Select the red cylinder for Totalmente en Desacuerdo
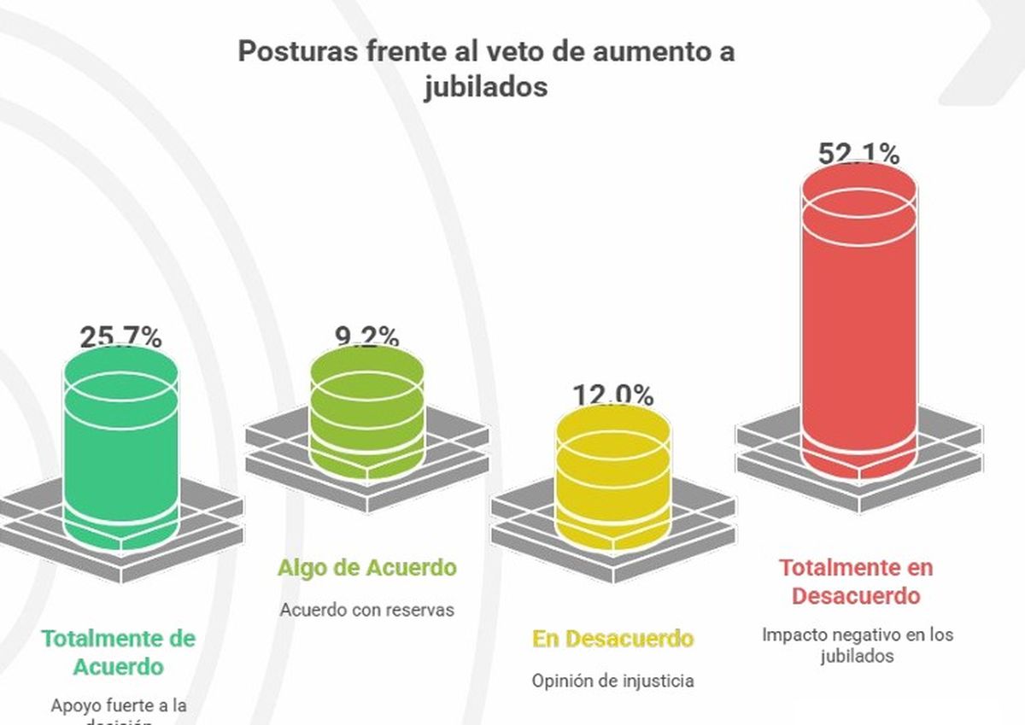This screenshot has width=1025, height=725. click(858, 324)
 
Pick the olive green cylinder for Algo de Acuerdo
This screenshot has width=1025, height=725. click(366, 410)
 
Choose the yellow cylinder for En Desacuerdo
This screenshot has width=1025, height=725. click(612, 478)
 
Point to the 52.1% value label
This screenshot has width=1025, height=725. click(858, 155)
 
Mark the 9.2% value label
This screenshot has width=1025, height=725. click(366, 336)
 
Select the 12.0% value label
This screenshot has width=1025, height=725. click(612, 395)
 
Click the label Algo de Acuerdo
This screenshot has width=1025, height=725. click(366, 568)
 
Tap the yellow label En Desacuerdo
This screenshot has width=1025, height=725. click(612, 639)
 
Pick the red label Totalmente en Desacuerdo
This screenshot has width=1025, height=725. click(856, 581)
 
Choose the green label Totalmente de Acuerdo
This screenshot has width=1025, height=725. click(119, 652)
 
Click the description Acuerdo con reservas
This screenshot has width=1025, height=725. click(366, 610)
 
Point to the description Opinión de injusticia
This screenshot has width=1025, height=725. click(612, 681)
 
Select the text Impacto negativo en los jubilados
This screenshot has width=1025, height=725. click(857, 646)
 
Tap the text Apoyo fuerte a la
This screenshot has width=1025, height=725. click(119, 706)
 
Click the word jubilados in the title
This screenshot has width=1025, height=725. click(486, 87)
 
